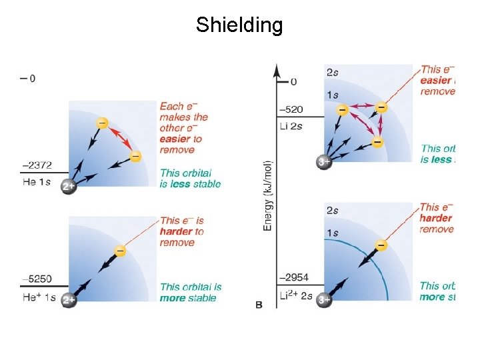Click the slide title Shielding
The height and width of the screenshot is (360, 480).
239,25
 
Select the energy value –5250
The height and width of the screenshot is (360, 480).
37,279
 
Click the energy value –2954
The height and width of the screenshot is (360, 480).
293,276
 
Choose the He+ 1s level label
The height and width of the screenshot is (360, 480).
38,297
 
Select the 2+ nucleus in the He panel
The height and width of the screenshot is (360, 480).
69,187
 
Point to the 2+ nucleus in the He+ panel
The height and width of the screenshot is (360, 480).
69,301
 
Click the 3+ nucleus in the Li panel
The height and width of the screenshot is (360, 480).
325,161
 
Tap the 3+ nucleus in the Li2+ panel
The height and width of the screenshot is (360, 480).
325,300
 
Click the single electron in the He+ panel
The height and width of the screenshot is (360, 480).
120,251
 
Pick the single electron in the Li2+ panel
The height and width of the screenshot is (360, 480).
381,245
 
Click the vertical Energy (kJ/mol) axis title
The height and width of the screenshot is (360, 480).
268,195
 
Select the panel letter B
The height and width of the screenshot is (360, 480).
259,305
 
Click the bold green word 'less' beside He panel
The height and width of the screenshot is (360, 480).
180,184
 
